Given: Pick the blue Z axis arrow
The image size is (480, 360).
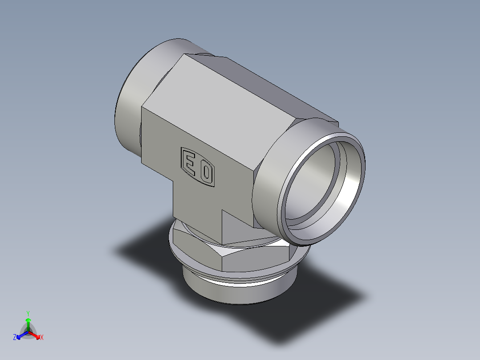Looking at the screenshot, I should click(20, 335).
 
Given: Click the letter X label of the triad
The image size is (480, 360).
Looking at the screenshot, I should click(42, 338).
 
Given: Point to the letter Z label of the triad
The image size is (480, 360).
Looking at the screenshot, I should click(15, 338).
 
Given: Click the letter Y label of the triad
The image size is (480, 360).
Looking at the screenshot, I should click(28, 313).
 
